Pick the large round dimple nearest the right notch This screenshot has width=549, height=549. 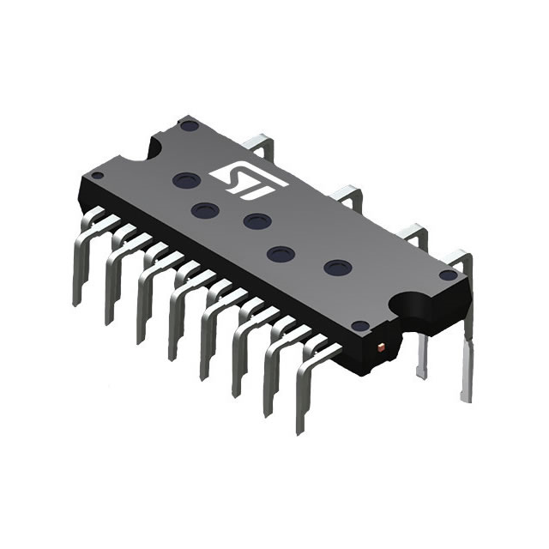[x=336, y=267]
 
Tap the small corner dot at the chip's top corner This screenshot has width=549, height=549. [x=190, y=125]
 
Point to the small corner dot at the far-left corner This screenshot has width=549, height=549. [x=98, y=175]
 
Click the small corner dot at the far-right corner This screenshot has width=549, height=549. [x=446, y=274]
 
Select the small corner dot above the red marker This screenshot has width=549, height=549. [x=361, y=325]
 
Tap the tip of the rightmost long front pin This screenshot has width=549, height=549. [x=300, y=429]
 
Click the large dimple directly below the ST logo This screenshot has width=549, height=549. [x=257, y=221]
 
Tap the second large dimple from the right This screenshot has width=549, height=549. [x=278, y=253]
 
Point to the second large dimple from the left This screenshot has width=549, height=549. [x=203, y=209]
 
